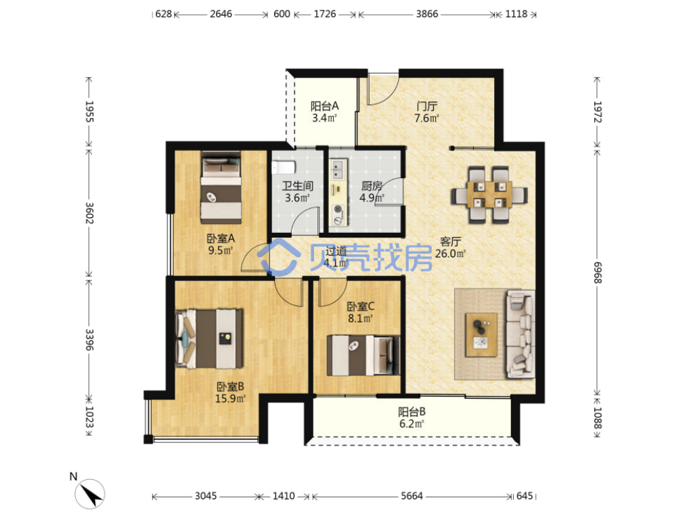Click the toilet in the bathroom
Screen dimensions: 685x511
click(284, 167)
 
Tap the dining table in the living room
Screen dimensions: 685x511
click(489, 194)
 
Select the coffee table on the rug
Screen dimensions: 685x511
click(481, 335)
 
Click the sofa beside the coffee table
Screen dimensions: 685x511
click(521, 334)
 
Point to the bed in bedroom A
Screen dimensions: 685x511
click(221, 187)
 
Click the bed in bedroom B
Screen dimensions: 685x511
click(209, 339)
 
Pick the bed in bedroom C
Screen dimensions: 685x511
click(363, 355)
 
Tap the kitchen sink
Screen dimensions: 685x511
click(338, 169)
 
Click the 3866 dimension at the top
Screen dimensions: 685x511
click(427, 14)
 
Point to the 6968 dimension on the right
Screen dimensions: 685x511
click(597, 273)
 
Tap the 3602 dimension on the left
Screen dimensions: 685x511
click(89, 213)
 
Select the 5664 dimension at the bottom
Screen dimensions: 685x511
click(412, 495)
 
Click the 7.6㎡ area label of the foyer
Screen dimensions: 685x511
click(426, 118)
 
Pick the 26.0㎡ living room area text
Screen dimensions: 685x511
click(450, 253)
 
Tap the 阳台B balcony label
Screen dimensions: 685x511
click(412, 412)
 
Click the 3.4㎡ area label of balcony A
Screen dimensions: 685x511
click(324, 118)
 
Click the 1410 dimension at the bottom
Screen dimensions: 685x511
click(284, 495)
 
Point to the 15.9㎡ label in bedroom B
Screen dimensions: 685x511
click(229, 399)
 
